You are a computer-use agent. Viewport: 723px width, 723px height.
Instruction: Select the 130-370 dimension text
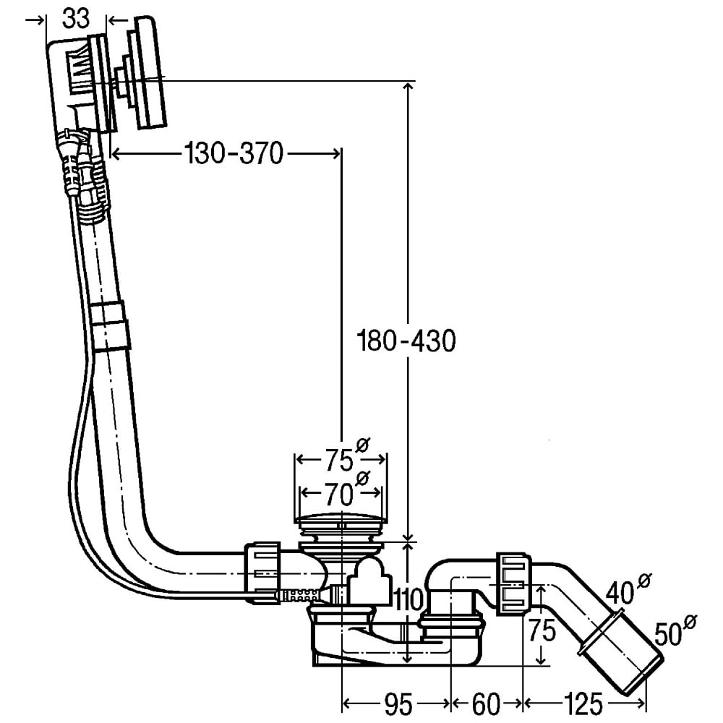[x=234, y=153]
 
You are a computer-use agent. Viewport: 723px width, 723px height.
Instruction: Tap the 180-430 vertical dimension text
[x=408, y=340]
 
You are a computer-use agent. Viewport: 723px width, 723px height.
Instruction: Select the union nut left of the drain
[x=262, y=573]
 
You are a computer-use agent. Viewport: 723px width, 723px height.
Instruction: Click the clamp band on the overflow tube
[x=111, y=327]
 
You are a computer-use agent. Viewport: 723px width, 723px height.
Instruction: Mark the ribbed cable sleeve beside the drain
[x=299, y=595]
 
